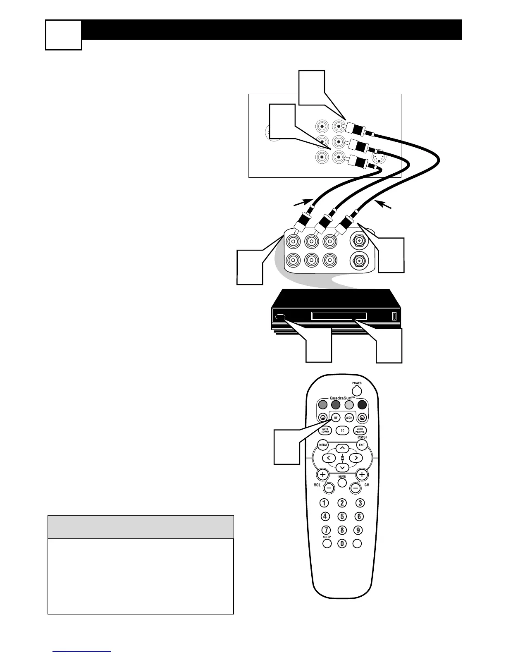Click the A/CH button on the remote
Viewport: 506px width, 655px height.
coord(349,417)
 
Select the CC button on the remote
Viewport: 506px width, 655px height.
coord(342,430)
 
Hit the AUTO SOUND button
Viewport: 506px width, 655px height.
coord(325,430)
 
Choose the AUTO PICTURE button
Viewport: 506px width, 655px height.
coord(360,430)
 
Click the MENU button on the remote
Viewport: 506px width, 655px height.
coord(322,445)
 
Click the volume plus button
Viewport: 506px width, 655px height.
coord(322,474)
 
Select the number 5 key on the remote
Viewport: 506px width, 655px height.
coord(342,516)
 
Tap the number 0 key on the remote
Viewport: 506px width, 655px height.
coord(342,544)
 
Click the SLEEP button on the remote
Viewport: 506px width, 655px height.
coord(327,544)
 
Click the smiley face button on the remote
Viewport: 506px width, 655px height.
coord(322,417)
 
